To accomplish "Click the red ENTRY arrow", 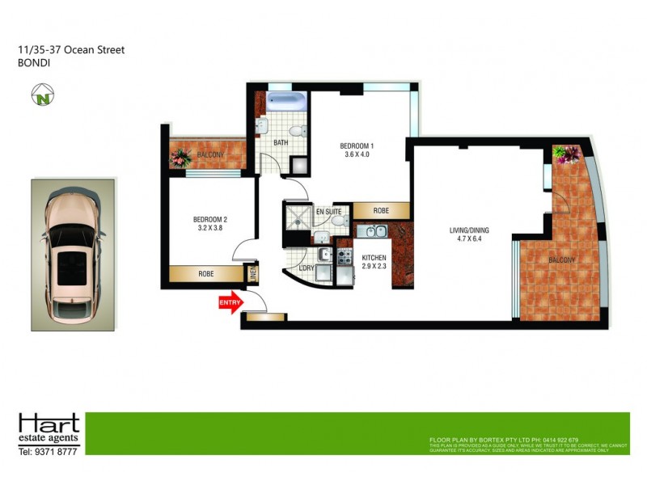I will coord(230,303).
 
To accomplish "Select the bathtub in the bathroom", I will coord(285,103).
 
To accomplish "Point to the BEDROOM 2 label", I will coord(209,219).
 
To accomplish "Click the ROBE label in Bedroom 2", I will coord(206,275).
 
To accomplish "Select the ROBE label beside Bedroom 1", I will coord(380,210).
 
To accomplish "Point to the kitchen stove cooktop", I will coord(345,258).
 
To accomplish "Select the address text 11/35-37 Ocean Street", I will coord(71,50).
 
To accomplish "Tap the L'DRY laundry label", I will coord(306,268).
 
